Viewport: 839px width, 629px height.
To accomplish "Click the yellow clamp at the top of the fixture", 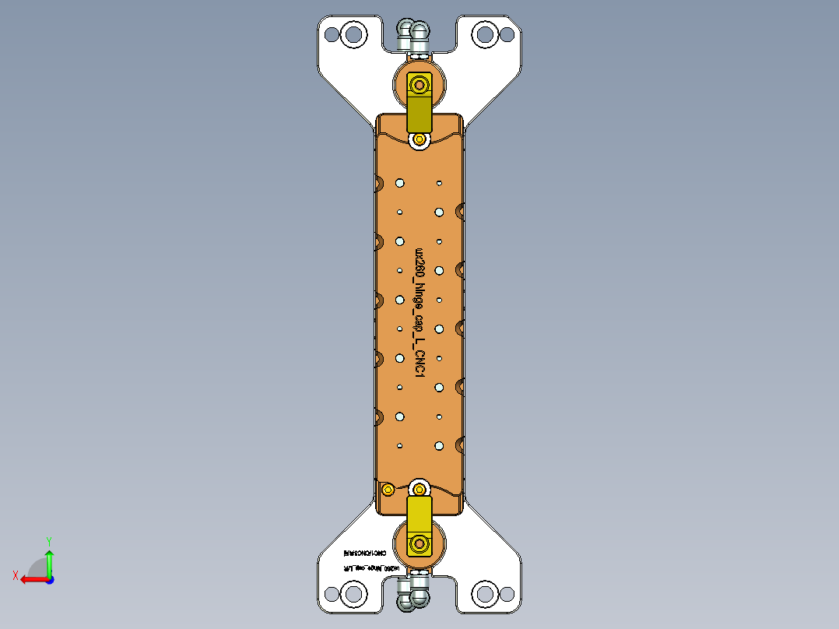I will [419, 109].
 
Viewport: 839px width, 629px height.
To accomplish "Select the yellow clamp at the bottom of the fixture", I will [419, 514].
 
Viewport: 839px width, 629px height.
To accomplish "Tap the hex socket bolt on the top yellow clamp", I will [420, 83].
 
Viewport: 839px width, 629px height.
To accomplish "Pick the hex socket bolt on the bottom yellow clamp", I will [420, 543].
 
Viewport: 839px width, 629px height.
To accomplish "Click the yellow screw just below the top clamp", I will [420, 139].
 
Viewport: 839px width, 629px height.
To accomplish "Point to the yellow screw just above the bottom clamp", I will [419, 489].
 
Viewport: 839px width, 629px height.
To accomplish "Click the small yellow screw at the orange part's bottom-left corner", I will [387, 489].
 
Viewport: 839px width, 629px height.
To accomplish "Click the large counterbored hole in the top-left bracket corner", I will [354, 33].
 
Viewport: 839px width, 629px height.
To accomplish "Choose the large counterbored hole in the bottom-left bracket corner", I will [354, 595].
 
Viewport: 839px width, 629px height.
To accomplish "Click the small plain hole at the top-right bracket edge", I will [507, 33].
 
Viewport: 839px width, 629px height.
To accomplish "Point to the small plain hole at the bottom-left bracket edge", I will [332, 595].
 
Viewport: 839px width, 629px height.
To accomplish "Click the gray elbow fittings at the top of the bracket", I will [413, 34].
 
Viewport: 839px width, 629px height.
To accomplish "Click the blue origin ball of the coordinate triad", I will [49, 579].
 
